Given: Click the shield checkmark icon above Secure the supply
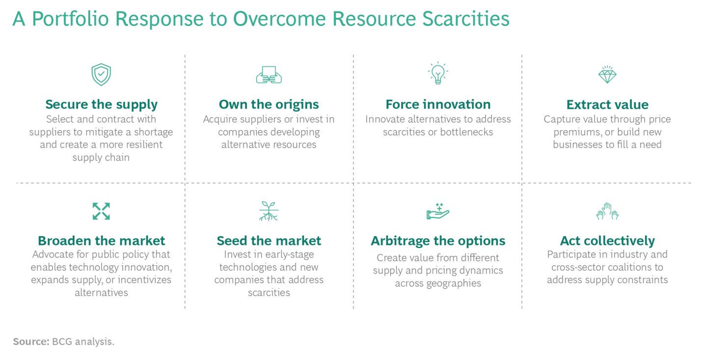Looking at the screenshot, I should tap(101, 75).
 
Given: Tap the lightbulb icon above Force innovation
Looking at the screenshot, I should tap(437, 73).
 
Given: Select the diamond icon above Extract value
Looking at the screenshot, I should tap(607, 74).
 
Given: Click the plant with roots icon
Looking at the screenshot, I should tap(269, 211).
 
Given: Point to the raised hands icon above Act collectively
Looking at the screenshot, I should tap(607, 211).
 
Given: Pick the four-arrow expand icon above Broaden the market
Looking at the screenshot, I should tap(101, 211).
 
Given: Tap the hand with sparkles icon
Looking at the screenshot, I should tap(437, 211).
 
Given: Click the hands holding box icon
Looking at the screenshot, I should tap(269, 75).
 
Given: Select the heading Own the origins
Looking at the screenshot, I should tap(269, 105).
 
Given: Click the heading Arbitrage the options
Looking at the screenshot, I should tap(437, 241).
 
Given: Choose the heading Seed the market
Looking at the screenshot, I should tap(269, 241).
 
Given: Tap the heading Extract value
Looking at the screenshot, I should tap(607, 105).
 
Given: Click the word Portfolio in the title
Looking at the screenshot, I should tap(72, 19).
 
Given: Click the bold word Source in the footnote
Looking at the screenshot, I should tap(30, 341).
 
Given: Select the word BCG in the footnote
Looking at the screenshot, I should tap(61, 341).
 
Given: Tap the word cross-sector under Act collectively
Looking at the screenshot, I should tap(580, 267).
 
